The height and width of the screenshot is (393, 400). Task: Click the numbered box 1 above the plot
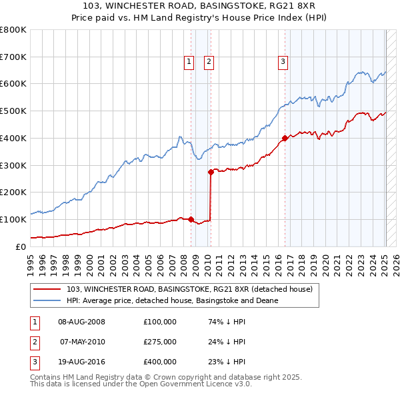189,62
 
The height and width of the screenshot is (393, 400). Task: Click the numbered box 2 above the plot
209,62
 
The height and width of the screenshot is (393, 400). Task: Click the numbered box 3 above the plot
283,62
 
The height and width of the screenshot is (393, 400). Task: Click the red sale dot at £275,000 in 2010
211,172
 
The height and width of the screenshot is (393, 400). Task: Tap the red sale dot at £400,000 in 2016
285,138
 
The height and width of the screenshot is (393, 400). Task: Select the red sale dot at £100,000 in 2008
191,219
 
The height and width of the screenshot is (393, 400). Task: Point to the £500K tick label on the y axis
13,111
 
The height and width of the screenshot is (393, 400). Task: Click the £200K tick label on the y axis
13,193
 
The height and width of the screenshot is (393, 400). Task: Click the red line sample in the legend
47,289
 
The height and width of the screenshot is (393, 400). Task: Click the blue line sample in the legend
47,300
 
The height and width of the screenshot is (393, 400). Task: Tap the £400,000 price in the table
160,362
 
